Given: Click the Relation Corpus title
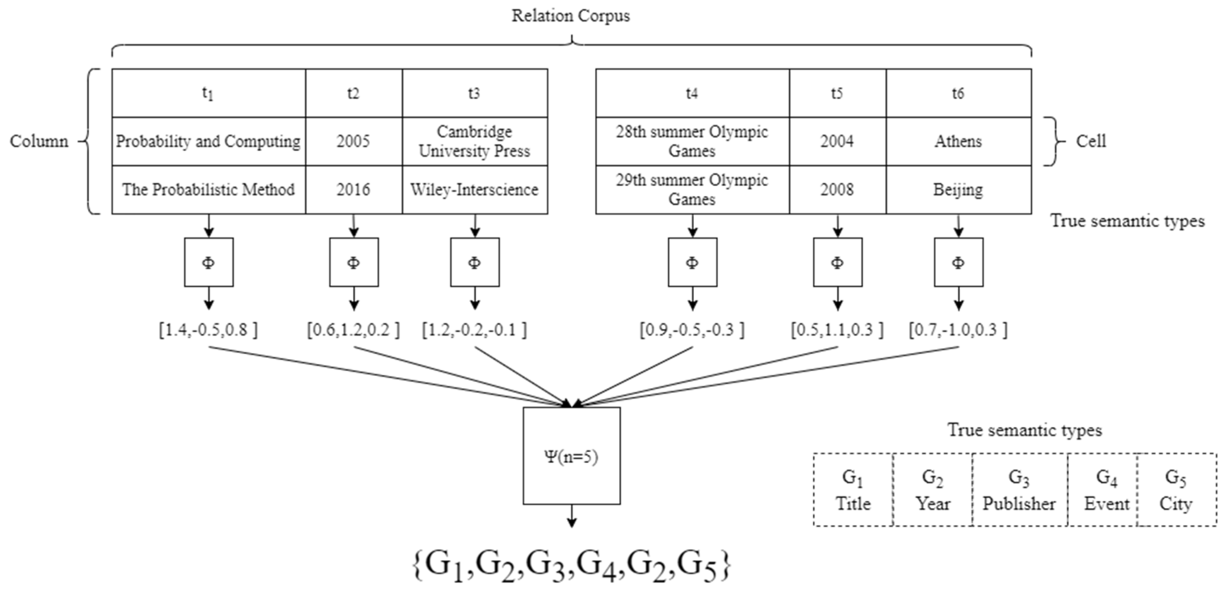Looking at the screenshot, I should pos(571,16).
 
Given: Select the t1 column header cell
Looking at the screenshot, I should pos(208,93).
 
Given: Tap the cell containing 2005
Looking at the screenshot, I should pos(353,142).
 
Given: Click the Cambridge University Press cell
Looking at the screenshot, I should pos(474,142).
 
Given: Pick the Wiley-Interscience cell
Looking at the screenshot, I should pos(474,190).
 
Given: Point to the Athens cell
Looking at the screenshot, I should pos(958,142).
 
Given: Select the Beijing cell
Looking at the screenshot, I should pos(958,190).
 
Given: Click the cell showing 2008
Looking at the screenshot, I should pos(837,190).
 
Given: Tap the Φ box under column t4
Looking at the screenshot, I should pos(692,262).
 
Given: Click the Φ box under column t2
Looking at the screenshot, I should pos(353,262).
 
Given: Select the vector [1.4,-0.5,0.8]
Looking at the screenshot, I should pos(208,330).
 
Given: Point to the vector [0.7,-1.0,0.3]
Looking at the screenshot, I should pos(958,330).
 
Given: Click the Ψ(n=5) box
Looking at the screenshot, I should pos(571,456).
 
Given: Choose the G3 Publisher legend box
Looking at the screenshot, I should pos(1019,490).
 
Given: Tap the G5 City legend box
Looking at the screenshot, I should pos(1176,490).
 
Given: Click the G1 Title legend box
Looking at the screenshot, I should pos(853,490).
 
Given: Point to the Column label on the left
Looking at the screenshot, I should pos(39,142).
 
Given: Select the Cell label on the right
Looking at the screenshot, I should pos(1090,142).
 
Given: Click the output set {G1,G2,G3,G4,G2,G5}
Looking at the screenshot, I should pos(571,566).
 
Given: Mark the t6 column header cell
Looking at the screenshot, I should pos(958,93).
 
